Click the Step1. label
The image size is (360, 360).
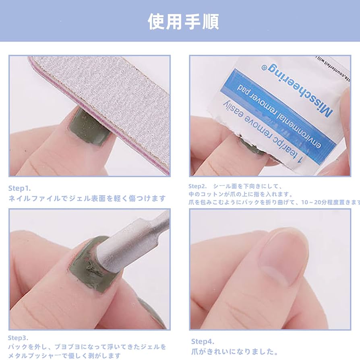tap(20, 188)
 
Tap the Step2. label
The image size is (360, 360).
tap(197, 186)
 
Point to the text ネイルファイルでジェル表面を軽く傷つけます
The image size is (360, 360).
tap(87, 198)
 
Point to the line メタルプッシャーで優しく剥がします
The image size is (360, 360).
tap(64, 356)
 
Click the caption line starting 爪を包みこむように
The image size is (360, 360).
tap(274, 202)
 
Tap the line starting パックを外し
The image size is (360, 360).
tap(87, 347)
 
